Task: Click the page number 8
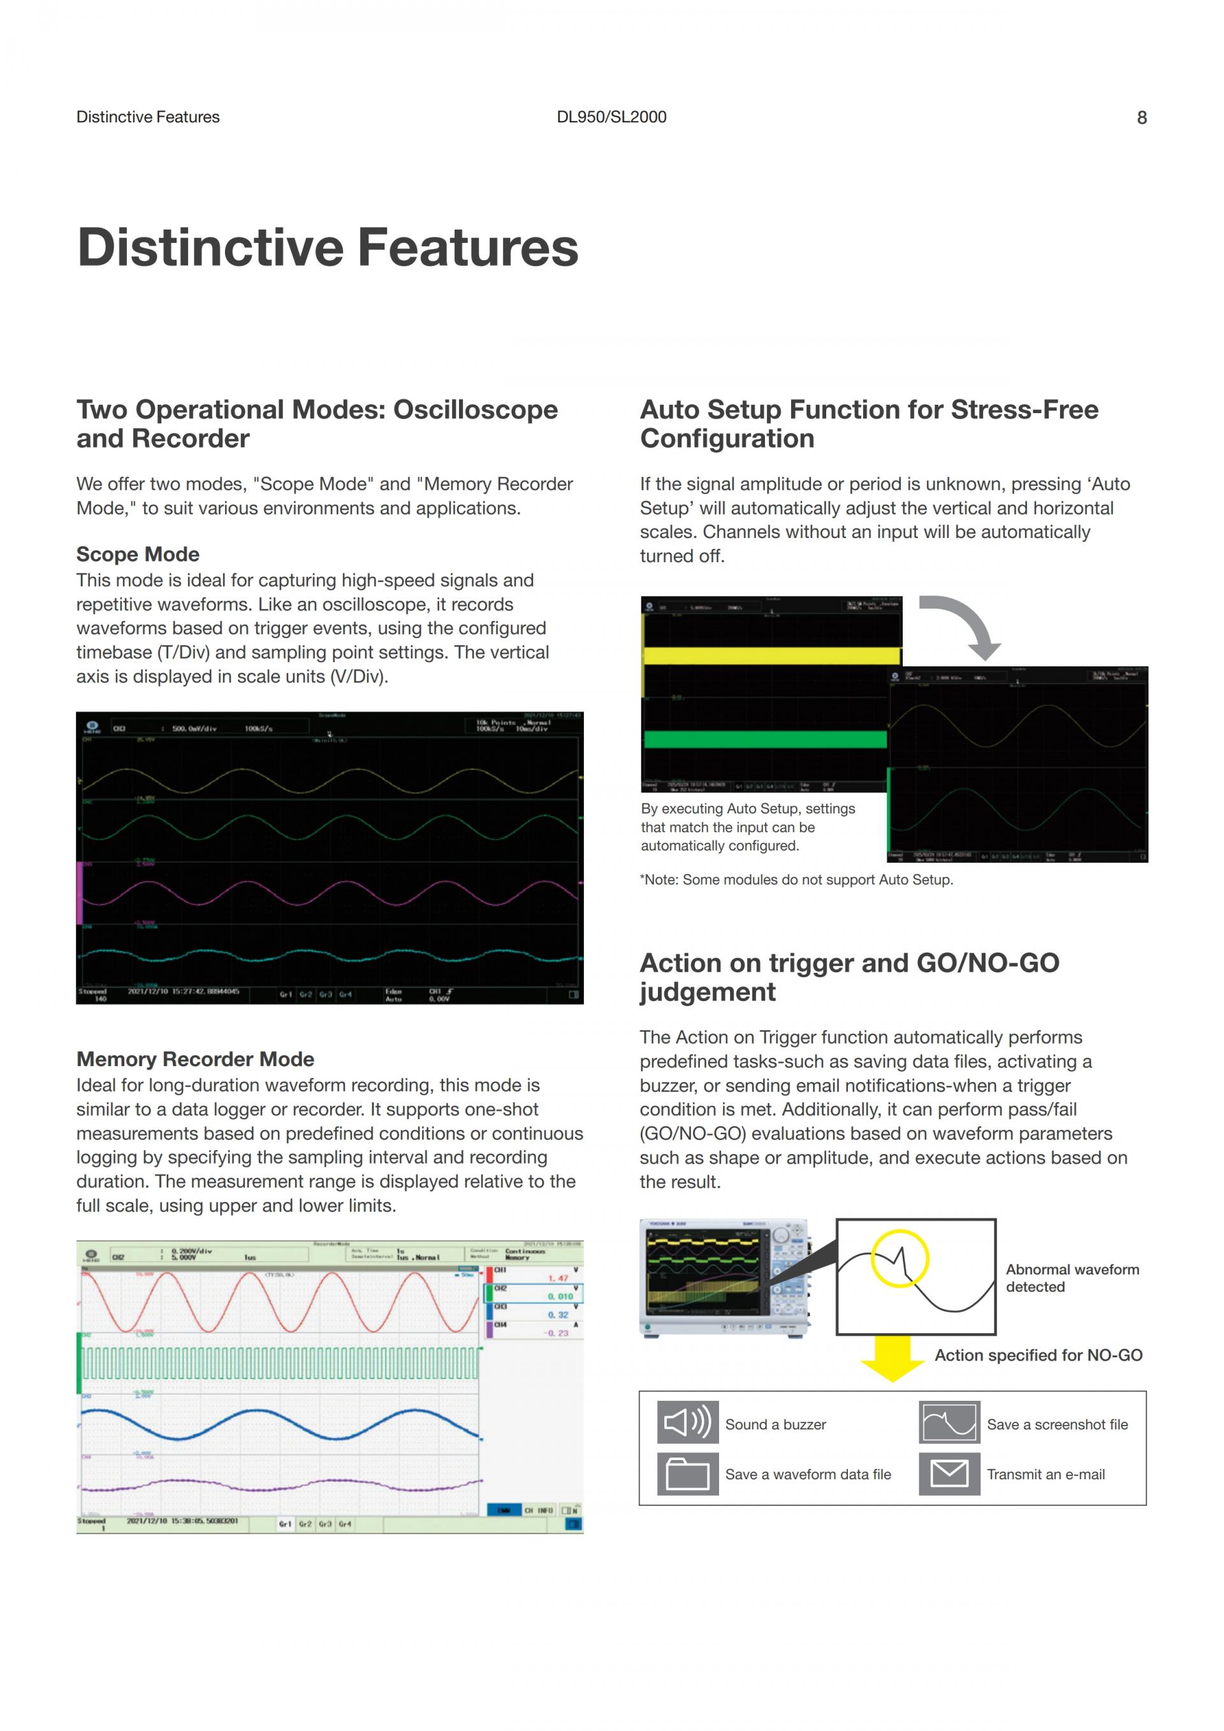pos(1141,117)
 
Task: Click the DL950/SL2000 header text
pos(611,117)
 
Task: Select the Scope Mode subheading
pos(138,554)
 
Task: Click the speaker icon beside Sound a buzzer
pos(687,1422)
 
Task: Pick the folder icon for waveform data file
pos(687,1473)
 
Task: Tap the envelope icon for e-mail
pos(949,1473)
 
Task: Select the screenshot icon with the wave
pos(949,1422)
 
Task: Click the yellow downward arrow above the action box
pos(892,1360)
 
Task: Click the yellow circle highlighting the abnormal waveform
pos(900,1259)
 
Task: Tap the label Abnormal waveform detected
pos(1072,1278)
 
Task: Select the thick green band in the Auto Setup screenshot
pos(765,739)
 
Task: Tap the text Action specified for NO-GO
pos(1038,1355)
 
